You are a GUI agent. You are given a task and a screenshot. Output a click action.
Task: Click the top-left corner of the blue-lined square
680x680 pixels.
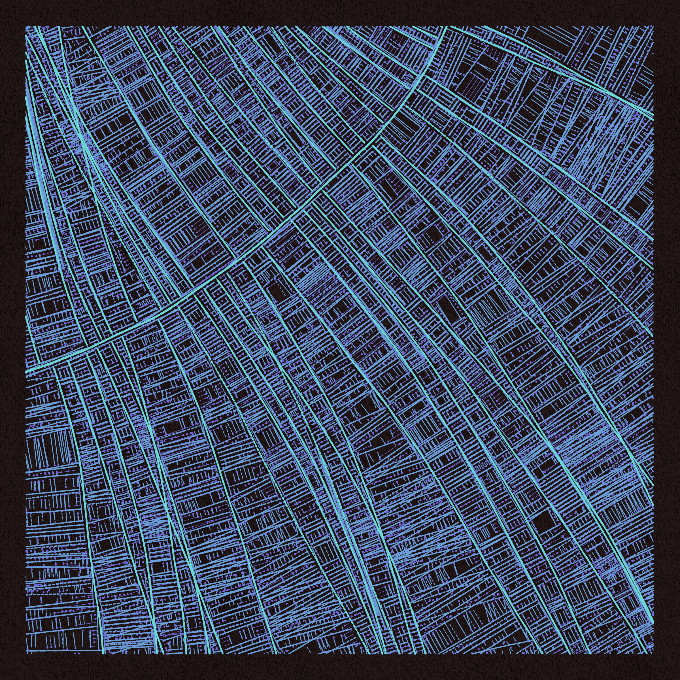point(26,26)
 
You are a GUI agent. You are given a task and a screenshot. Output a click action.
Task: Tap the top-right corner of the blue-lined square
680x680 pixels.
point(653,26)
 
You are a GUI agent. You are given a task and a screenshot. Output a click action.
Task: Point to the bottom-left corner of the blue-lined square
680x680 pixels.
point(26,653)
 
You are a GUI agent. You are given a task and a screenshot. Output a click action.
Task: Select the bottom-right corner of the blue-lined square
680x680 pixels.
point(653,653)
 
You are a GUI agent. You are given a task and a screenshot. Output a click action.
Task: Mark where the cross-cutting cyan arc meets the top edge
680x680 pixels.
point(446,27)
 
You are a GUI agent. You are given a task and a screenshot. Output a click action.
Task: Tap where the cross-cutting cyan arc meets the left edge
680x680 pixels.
point(27,370)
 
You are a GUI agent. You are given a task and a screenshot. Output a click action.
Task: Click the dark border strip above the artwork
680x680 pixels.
point(340,13)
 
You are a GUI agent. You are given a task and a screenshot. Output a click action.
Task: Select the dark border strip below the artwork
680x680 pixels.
point(340,667)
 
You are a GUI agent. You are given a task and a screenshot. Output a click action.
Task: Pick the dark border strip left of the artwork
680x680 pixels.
point(13,340)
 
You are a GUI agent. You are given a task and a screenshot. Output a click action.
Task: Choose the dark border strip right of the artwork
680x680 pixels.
point(667,340)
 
